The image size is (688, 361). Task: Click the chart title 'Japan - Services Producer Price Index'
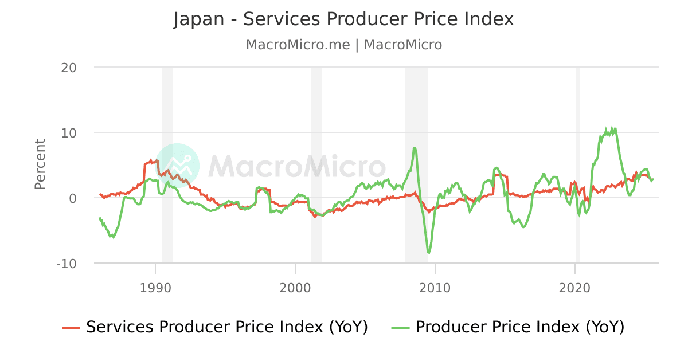(x=343, y=19)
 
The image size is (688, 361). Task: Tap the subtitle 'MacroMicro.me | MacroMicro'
(x=343, y=45)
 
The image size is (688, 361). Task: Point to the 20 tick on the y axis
(x=69, y=68)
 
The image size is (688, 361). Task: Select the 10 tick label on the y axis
(x=69, y=133)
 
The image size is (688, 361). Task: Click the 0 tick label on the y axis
(x=73, y=198)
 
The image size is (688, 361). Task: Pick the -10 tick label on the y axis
(x=67, y=264)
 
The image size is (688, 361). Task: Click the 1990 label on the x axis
(x=155, y=287)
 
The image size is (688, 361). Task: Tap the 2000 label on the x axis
(x=295, y=287)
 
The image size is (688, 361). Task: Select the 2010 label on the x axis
(x=435, y=287)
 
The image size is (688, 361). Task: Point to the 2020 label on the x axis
(x=574, y=287)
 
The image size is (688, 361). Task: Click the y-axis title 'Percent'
(x=40, y=164)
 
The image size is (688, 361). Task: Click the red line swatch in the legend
(x=71, y=328)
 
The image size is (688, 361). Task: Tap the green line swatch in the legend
(x=400, y=328)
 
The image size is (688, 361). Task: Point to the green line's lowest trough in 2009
(x=428, y=252)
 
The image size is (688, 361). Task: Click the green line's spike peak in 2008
(x=414, y=148)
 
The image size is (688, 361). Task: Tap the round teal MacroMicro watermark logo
(x=177, y=166)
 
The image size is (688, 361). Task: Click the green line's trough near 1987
(x=114, y=237)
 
